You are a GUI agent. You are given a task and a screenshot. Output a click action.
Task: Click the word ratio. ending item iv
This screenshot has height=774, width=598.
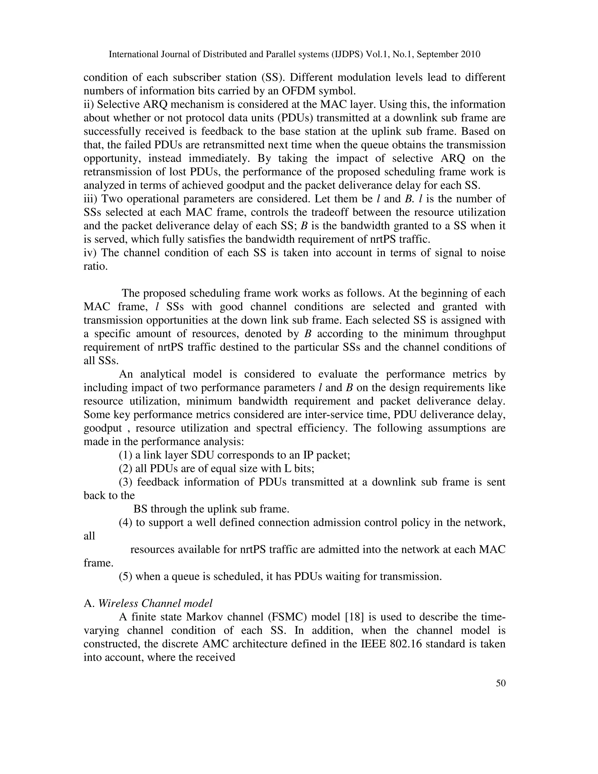coord(95,266)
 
